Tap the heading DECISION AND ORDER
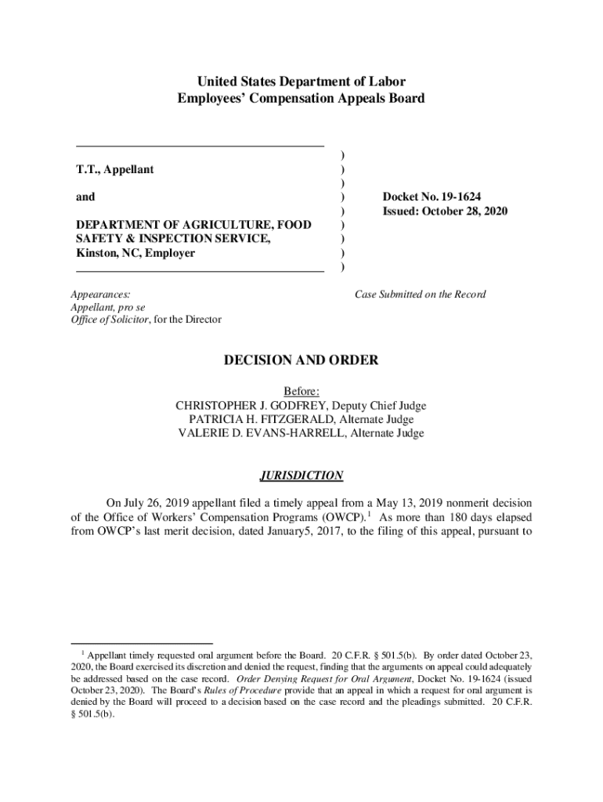coord(301,360)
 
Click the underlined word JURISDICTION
coord(301,475)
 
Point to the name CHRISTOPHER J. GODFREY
coord(244,406)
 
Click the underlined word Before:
coord(301,392)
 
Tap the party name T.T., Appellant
coord(114,169)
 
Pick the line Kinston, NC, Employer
coord(135,253)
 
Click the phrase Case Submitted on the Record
coord(420,294)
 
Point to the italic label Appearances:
coord(101,294)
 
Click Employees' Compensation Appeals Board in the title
coord(301,99)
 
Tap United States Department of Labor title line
coord(301,81)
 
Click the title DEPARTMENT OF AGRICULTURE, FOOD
coord(193,225)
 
